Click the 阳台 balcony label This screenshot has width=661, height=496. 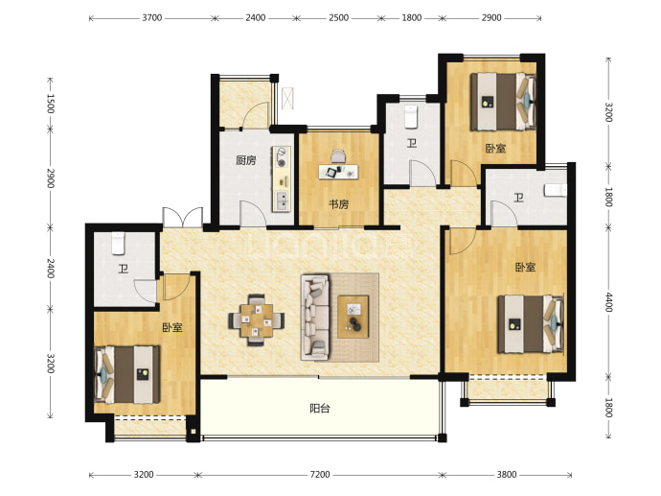(x=320, y=408)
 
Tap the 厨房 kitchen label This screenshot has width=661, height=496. (x=246, y=160)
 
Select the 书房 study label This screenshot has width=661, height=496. (x=339, y=204)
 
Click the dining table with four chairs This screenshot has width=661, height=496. (x=257, y=320)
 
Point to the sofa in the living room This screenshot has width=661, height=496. (x=314, y=318)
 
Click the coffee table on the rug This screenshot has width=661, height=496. (x=353, y=317)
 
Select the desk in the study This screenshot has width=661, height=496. (x=338, y=172)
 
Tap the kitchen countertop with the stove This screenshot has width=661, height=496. (x=282, y=179)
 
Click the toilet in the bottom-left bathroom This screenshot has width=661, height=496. (x=118, y=244)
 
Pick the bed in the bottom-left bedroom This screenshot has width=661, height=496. (x=127, y=374)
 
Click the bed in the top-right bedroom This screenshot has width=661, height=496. (x=503, y=102)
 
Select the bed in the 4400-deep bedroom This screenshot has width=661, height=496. (x=531, y=324)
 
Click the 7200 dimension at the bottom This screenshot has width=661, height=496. (x=320, y=475)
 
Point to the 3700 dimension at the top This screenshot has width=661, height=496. (x=151, y=17)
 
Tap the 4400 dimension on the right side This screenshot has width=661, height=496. (x=608, y=302)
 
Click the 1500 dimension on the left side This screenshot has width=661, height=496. (x=50, y=104)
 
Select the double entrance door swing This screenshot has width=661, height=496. (x=183, y=217)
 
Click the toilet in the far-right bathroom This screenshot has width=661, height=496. (x=555, y=190)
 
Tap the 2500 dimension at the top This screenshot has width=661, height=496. (x=338, y=17)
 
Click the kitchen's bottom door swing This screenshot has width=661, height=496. (x=253, y=213)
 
